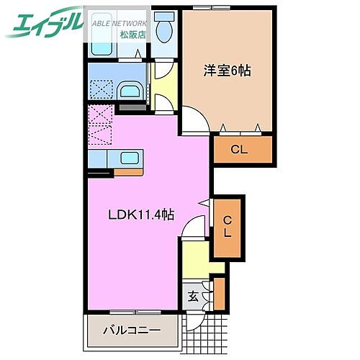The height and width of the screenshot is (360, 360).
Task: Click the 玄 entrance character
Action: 193,294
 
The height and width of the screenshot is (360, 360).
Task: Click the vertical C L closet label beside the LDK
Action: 227,226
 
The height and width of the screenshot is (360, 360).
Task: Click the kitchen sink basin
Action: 130,158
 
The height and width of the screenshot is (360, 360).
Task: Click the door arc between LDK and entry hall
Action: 190,231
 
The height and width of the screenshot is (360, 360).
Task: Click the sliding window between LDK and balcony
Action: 133,312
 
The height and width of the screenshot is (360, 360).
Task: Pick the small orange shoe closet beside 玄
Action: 220,292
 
